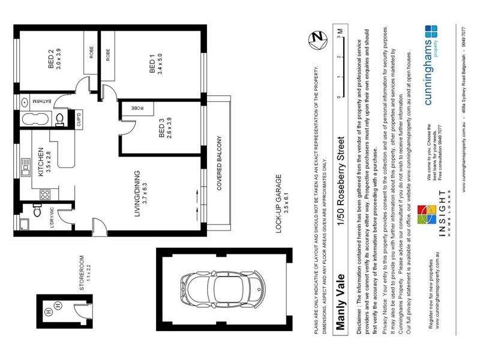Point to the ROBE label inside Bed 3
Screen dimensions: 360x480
coord(135,108)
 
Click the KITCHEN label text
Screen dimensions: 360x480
coord(41,161)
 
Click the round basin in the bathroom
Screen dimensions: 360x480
coord(25,101)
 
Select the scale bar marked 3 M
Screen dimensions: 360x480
coord(340,63)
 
